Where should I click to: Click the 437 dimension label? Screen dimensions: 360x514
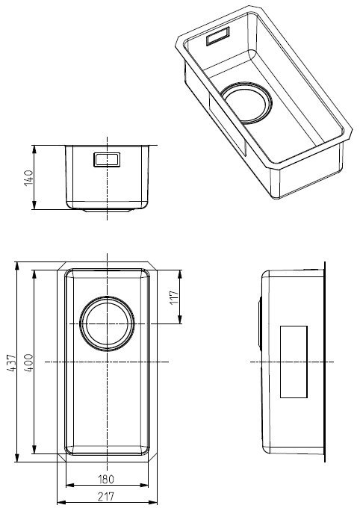click(11, 362)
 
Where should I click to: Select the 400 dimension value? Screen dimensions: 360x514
click(29, 362)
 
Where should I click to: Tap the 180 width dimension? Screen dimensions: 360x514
click(106, 479)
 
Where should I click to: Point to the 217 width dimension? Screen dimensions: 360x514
click(106, 497)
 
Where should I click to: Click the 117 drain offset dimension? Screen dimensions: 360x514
click(174, 297)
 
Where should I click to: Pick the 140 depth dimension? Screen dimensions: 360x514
click(29, 178)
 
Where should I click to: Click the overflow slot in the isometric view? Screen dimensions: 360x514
click(217, 37)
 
